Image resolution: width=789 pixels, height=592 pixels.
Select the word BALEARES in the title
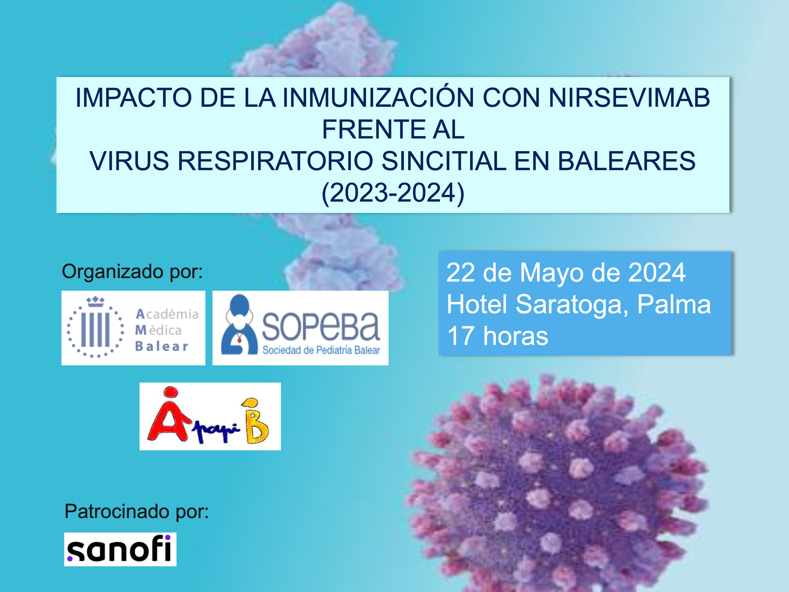[x=626, y=161]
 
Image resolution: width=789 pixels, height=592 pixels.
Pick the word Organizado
[x=113, y=272]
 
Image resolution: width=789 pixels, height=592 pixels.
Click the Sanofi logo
[x=120, y=549]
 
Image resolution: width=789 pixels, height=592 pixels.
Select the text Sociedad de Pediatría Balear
[x=321, y=350]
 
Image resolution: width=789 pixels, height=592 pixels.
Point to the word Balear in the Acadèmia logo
[x=162, y=346]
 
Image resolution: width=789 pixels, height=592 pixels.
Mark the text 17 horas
[x=498, y=336]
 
